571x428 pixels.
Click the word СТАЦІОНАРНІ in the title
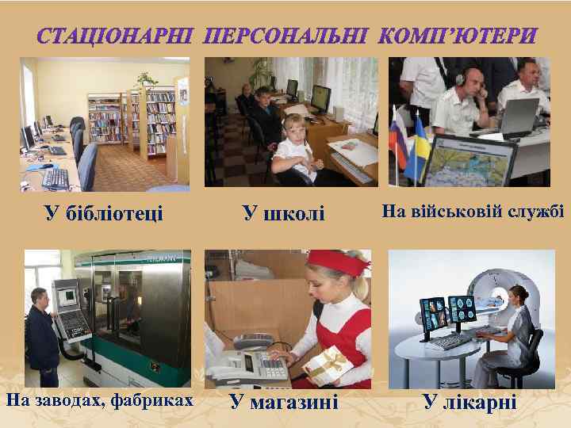(116, 36)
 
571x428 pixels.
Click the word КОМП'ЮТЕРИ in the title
(458, 36)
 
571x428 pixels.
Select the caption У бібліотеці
(104, 212)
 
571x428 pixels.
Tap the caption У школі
(284, 212)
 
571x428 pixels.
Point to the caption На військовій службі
(473, 212)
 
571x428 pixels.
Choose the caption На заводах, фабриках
(100, 400)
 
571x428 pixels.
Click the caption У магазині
(284, 402)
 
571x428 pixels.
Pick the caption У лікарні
(469, 402)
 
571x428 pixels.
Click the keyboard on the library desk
(56, 178)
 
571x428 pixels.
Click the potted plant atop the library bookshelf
(145, 78)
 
